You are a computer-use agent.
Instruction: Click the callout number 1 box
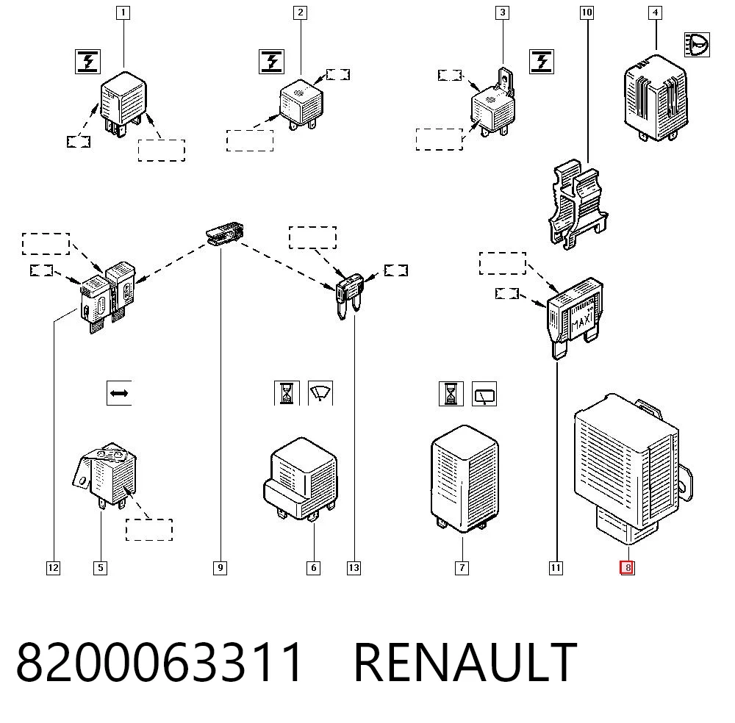pos(123,12)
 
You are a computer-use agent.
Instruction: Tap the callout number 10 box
pos(587,12)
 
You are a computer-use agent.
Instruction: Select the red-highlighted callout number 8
pos(627,568)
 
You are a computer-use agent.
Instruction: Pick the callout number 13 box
pos(354,568)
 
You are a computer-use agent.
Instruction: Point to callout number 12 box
pos(54,568)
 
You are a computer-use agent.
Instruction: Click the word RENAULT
pos(465,662)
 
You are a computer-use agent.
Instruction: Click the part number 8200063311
pos(159,662)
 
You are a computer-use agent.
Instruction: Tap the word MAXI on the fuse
pos(582,321)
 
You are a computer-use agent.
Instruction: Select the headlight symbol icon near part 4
pos(697,45)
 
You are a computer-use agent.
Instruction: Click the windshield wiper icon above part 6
pos(320,393)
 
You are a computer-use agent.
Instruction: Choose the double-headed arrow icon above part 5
pos(119,393)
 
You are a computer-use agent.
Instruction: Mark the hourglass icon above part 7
pos(451,394)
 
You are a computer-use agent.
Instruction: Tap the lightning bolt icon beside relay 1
pos(87,62)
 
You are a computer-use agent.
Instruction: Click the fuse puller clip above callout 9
pos(225,234)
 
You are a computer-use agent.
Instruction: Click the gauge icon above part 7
pos(484,394)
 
